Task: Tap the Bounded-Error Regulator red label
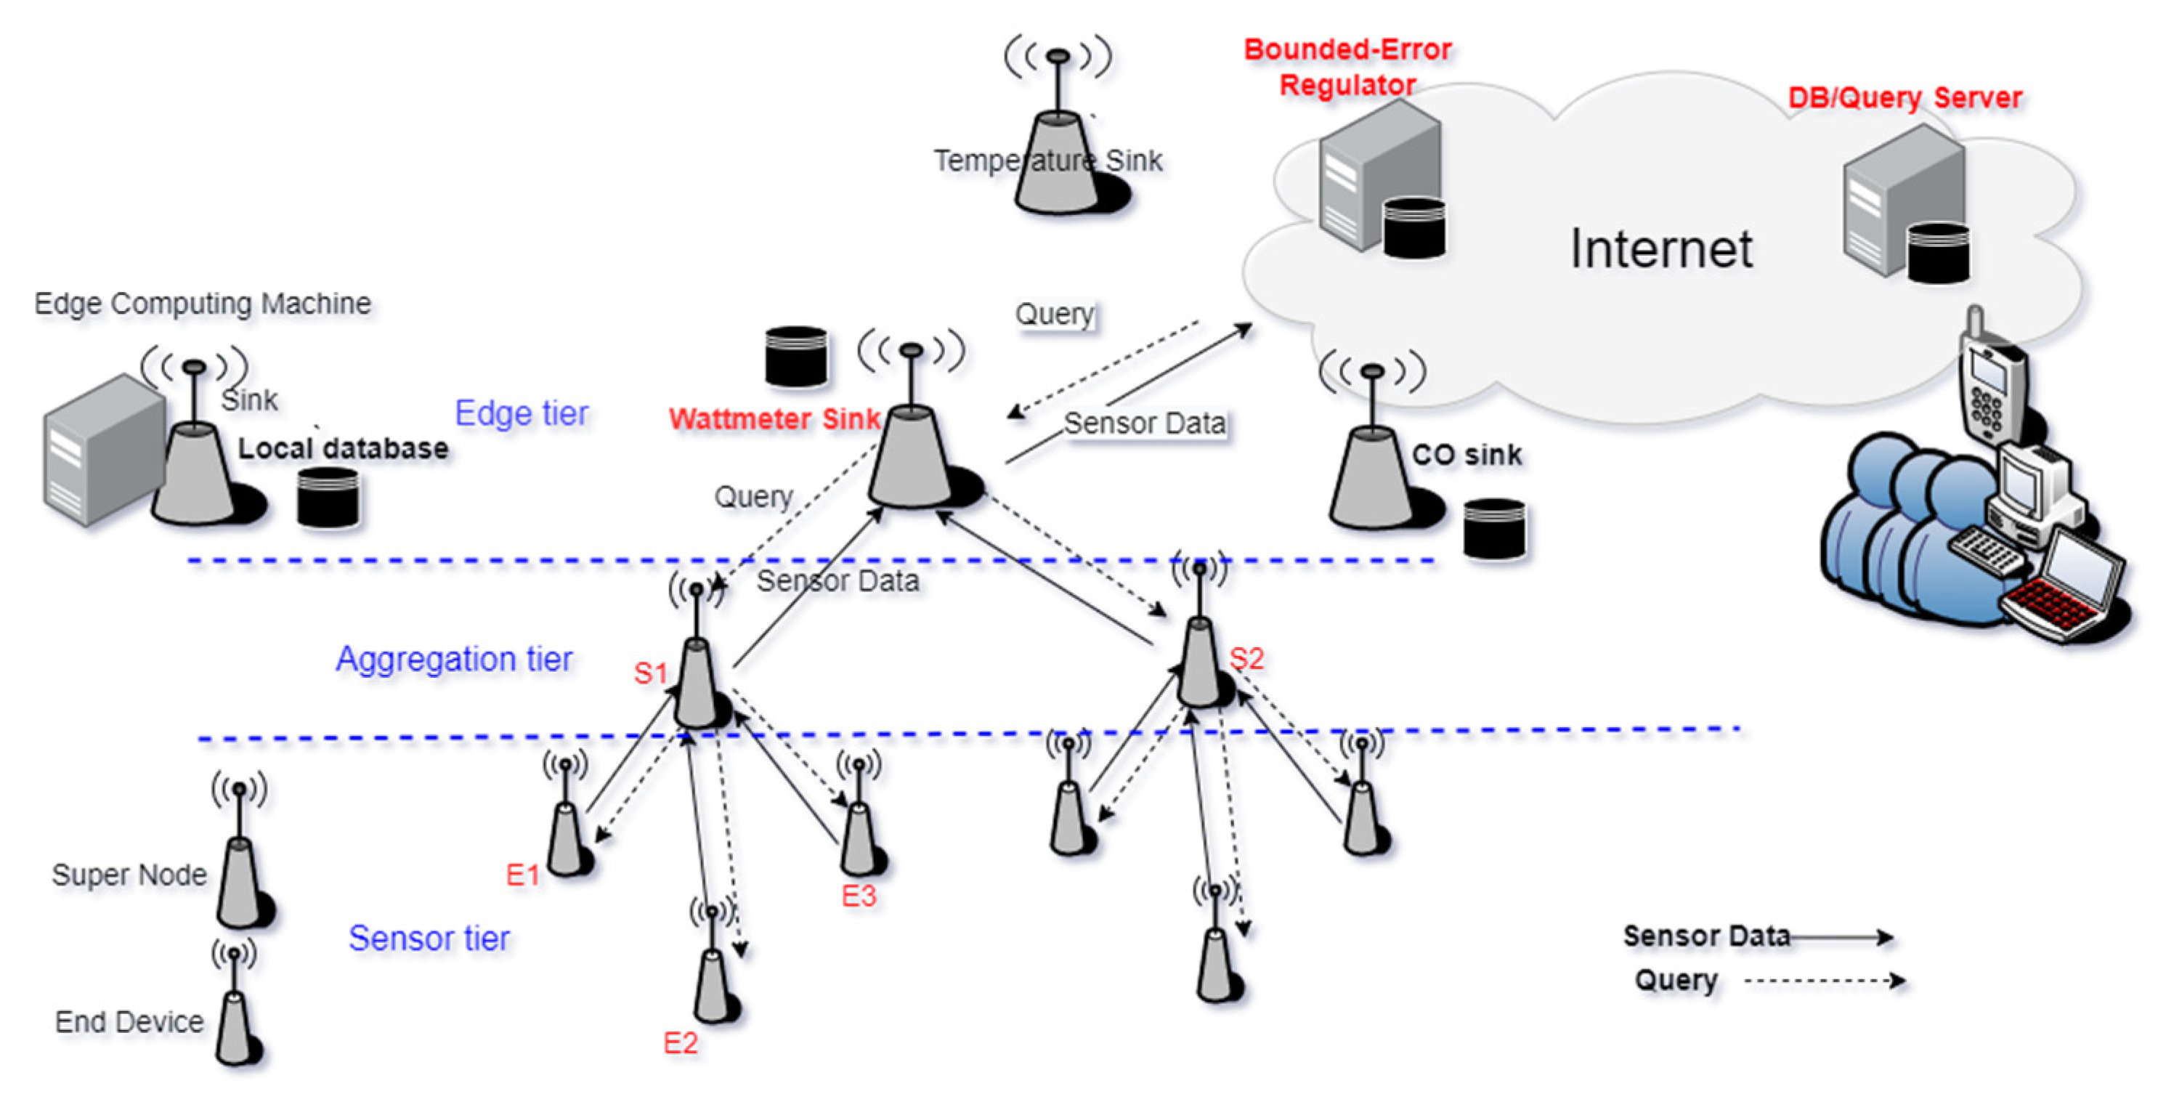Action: point(1347,67)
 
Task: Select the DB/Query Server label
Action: point(1905,98)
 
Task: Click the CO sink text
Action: point(1466,455)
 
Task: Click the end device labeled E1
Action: point(567,838)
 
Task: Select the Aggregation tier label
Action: point(454,660)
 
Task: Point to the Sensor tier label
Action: point(429,939)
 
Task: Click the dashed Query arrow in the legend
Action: point(1825,980)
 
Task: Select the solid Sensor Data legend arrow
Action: point(1841,936)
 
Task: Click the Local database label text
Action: point(343,449)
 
